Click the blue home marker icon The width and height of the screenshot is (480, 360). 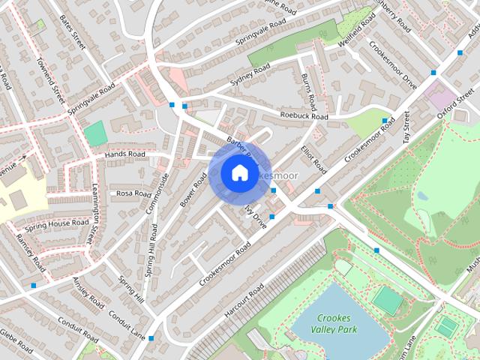(238, 172)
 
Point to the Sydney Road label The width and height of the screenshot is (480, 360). (250, 75)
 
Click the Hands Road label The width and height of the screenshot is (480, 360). (124, 154)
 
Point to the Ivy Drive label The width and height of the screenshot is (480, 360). (256, 216)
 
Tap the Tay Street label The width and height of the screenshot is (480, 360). (406, 127)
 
